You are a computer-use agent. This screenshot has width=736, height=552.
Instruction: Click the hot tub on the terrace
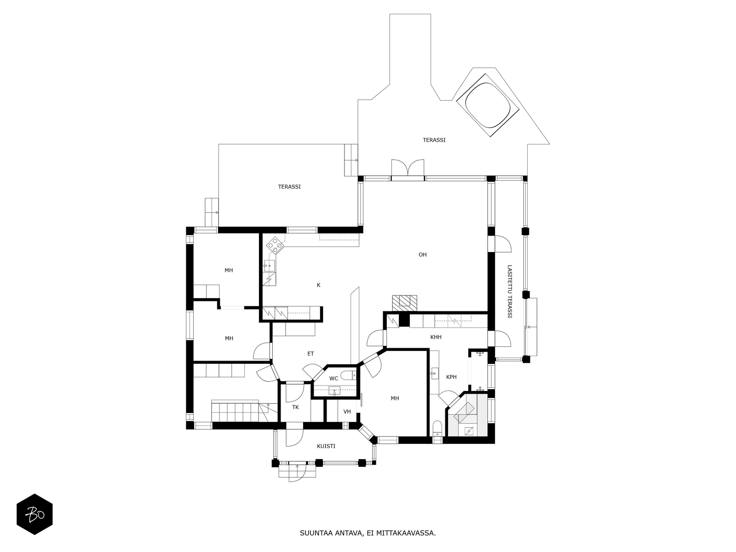[x=488, y=105]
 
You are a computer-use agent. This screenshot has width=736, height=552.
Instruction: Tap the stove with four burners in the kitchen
[x=275, y=245]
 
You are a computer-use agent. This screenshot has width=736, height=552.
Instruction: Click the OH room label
[x=422, y=255]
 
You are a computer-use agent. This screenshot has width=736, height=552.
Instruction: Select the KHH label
[x=436, y=337]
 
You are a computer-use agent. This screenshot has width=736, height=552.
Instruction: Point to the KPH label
[x=451, y=377]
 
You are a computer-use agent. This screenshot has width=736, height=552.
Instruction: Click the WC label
[x=333, y=379]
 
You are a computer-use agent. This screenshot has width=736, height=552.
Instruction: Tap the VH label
[x=347, y=412]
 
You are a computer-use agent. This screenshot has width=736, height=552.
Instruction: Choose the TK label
[x=295, y=408]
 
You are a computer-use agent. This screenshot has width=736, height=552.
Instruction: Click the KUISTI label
[x=326, y=446]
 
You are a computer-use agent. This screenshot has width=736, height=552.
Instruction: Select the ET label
[x=311, y=354]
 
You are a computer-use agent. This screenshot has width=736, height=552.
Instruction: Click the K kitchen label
[x=318, y=285]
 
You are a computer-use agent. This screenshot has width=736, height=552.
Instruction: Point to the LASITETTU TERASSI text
[x=510, y=292]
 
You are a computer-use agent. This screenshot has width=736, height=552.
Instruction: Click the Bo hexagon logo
[x=34, y=514]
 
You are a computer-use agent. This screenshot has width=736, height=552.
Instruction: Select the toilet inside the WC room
[x=348, y=375]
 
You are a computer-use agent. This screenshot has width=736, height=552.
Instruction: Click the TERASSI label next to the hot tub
[x=434, y=140]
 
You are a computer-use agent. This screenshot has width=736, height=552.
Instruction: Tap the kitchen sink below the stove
[x=270, y=266]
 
